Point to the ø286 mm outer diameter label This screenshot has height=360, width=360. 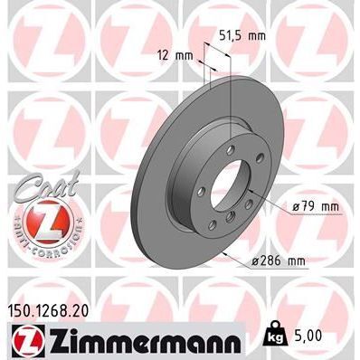tap(279, 261)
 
